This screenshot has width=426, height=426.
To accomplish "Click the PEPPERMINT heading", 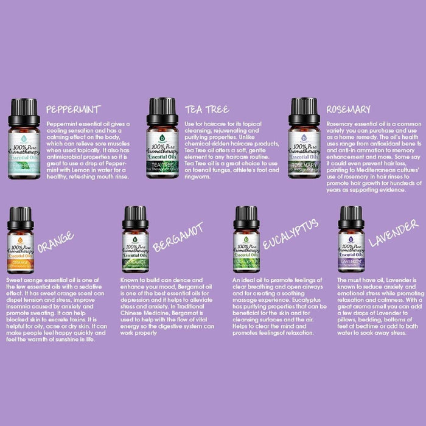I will (x=73, y=110).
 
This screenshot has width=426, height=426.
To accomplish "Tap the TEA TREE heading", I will (x=207, y=110).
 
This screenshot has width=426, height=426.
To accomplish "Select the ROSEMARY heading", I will (x=348, y=110).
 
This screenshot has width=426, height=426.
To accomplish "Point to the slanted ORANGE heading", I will (x=56, y=242).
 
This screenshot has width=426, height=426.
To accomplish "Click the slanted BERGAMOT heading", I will (x=178, y=237).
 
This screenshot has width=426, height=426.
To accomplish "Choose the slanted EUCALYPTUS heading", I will (x=290, y=234).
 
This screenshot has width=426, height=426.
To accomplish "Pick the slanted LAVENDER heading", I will (x=393, y=232).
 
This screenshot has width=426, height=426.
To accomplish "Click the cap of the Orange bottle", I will (x=20, y=218).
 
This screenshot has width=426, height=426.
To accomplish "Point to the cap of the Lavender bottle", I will (x=351, y=217).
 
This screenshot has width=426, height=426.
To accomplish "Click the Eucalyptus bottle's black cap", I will (x=246, y=217).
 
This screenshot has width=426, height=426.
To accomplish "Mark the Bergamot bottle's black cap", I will (x=135, y=217).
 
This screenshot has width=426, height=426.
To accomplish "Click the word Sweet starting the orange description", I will (x=16, y=279).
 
